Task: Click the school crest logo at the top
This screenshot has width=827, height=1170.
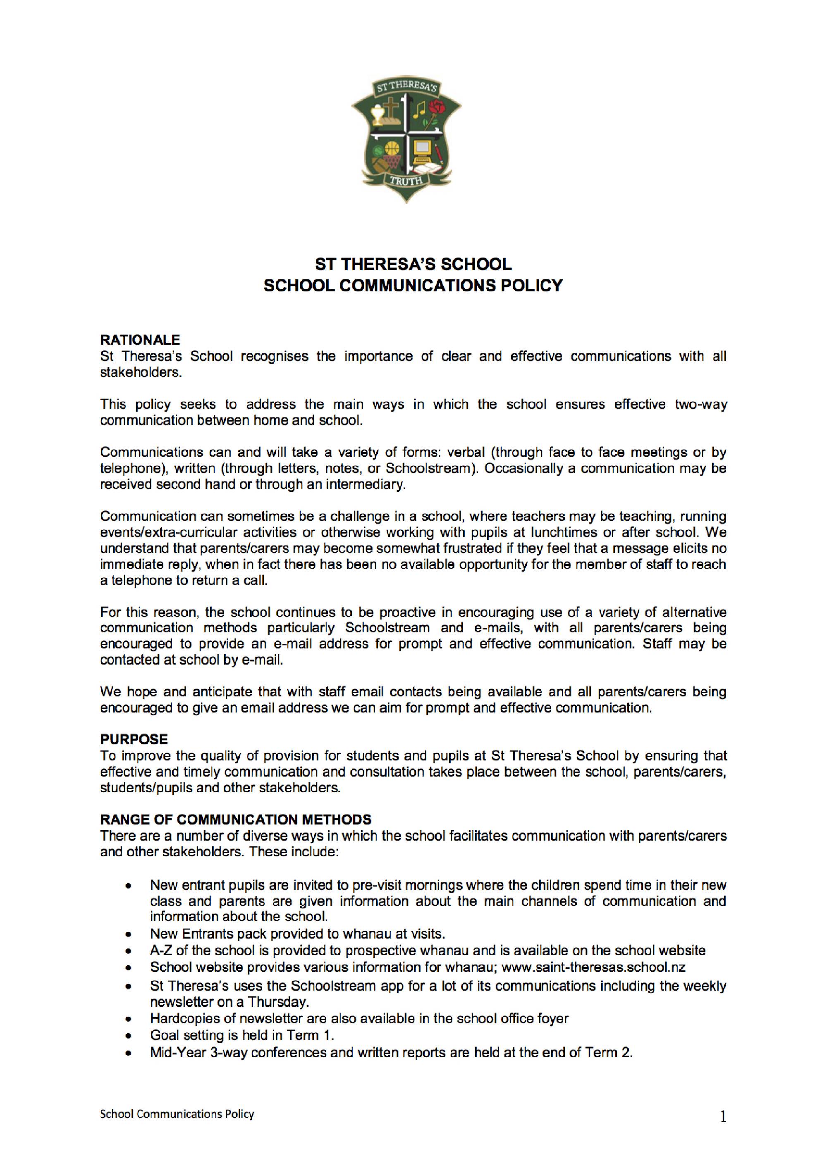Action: [x=406, y=140]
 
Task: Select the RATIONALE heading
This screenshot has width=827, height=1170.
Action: [x=140, y=340]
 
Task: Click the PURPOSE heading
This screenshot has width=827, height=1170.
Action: [x=134, y=739]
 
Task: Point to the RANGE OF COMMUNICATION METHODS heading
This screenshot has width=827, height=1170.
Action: [x=236, y=820]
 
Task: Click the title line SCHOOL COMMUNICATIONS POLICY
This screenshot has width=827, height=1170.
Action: [x=413, y=286]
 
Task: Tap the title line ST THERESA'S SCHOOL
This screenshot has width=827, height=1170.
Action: [x=413, y=265]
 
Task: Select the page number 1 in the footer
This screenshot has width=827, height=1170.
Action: [x=722, y=1118]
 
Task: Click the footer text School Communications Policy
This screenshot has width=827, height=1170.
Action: [x=177, y=1114]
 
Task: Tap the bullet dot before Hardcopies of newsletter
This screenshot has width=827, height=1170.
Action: [x=131, y=1019]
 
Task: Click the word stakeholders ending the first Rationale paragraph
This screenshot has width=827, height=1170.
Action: [x=140, y=372]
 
